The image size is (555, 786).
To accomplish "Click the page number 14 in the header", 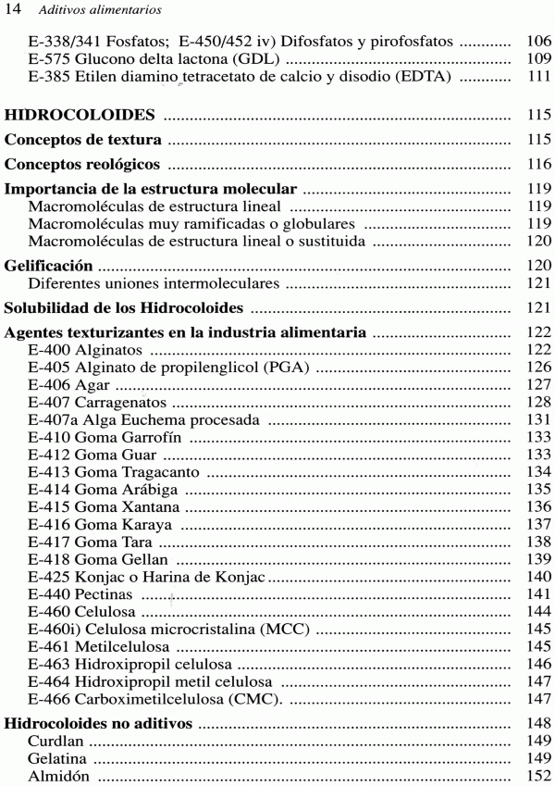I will (x=14, y=10).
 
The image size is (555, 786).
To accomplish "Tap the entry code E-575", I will (x=48, y=60).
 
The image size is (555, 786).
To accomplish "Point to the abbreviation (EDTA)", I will (x=422, y=78).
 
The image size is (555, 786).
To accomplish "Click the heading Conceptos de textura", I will (x=83, y=140).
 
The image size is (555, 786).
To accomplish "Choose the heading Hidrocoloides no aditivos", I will (x=99, y=723).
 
